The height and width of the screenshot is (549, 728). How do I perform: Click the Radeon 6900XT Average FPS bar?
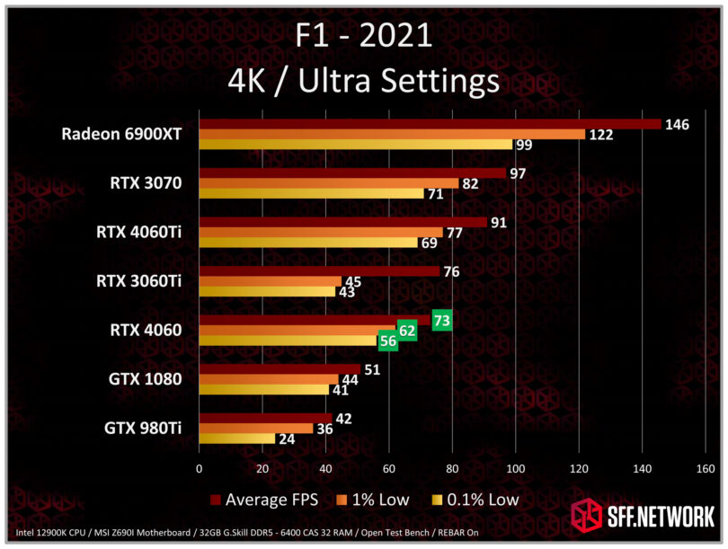click(x=430, y=124)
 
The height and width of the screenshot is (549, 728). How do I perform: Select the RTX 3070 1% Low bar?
click(x=328, y=183)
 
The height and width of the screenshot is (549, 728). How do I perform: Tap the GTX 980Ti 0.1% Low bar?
click(x=236, y=438)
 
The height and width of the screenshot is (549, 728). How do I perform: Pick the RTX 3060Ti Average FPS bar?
click(x=319, y=270)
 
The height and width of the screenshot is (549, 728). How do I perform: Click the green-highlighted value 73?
click(x=441, y=319)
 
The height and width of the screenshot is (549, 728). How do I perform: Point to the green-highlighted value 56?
click(x=388, y=341)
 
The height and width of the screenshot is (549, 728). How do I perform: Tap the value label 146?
click(x=677, y=124)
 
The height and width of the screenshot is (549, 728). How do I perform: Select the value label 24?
click(x=287, y=439)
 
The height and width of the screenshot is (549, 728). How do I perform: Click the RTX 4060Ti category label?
click(x=138, y=232)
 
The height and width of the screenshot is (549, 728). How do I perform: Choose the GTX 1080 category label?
click(x=145, y=379)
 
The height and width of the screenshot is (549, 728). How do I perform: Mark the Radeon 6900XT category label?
click(x=121, y=134)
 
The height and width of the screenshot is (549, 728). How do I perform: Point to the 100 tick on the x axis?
click(x=515, y=468)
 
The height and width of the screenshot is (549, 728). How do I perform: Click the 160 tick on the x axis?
click(x=706, y=468)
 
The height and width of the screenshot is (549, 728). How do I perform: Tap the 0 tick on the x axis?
click(x=199, y=468)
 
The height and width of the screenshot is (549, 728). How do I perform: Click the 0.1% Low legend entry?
click(x=476, y=499)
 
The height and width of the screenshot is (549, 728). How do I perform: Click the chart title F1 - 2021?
click(x=363, y=36)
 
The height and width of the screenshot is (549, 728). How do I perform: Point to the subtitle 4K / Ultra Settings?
click(x=363, y=81)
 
